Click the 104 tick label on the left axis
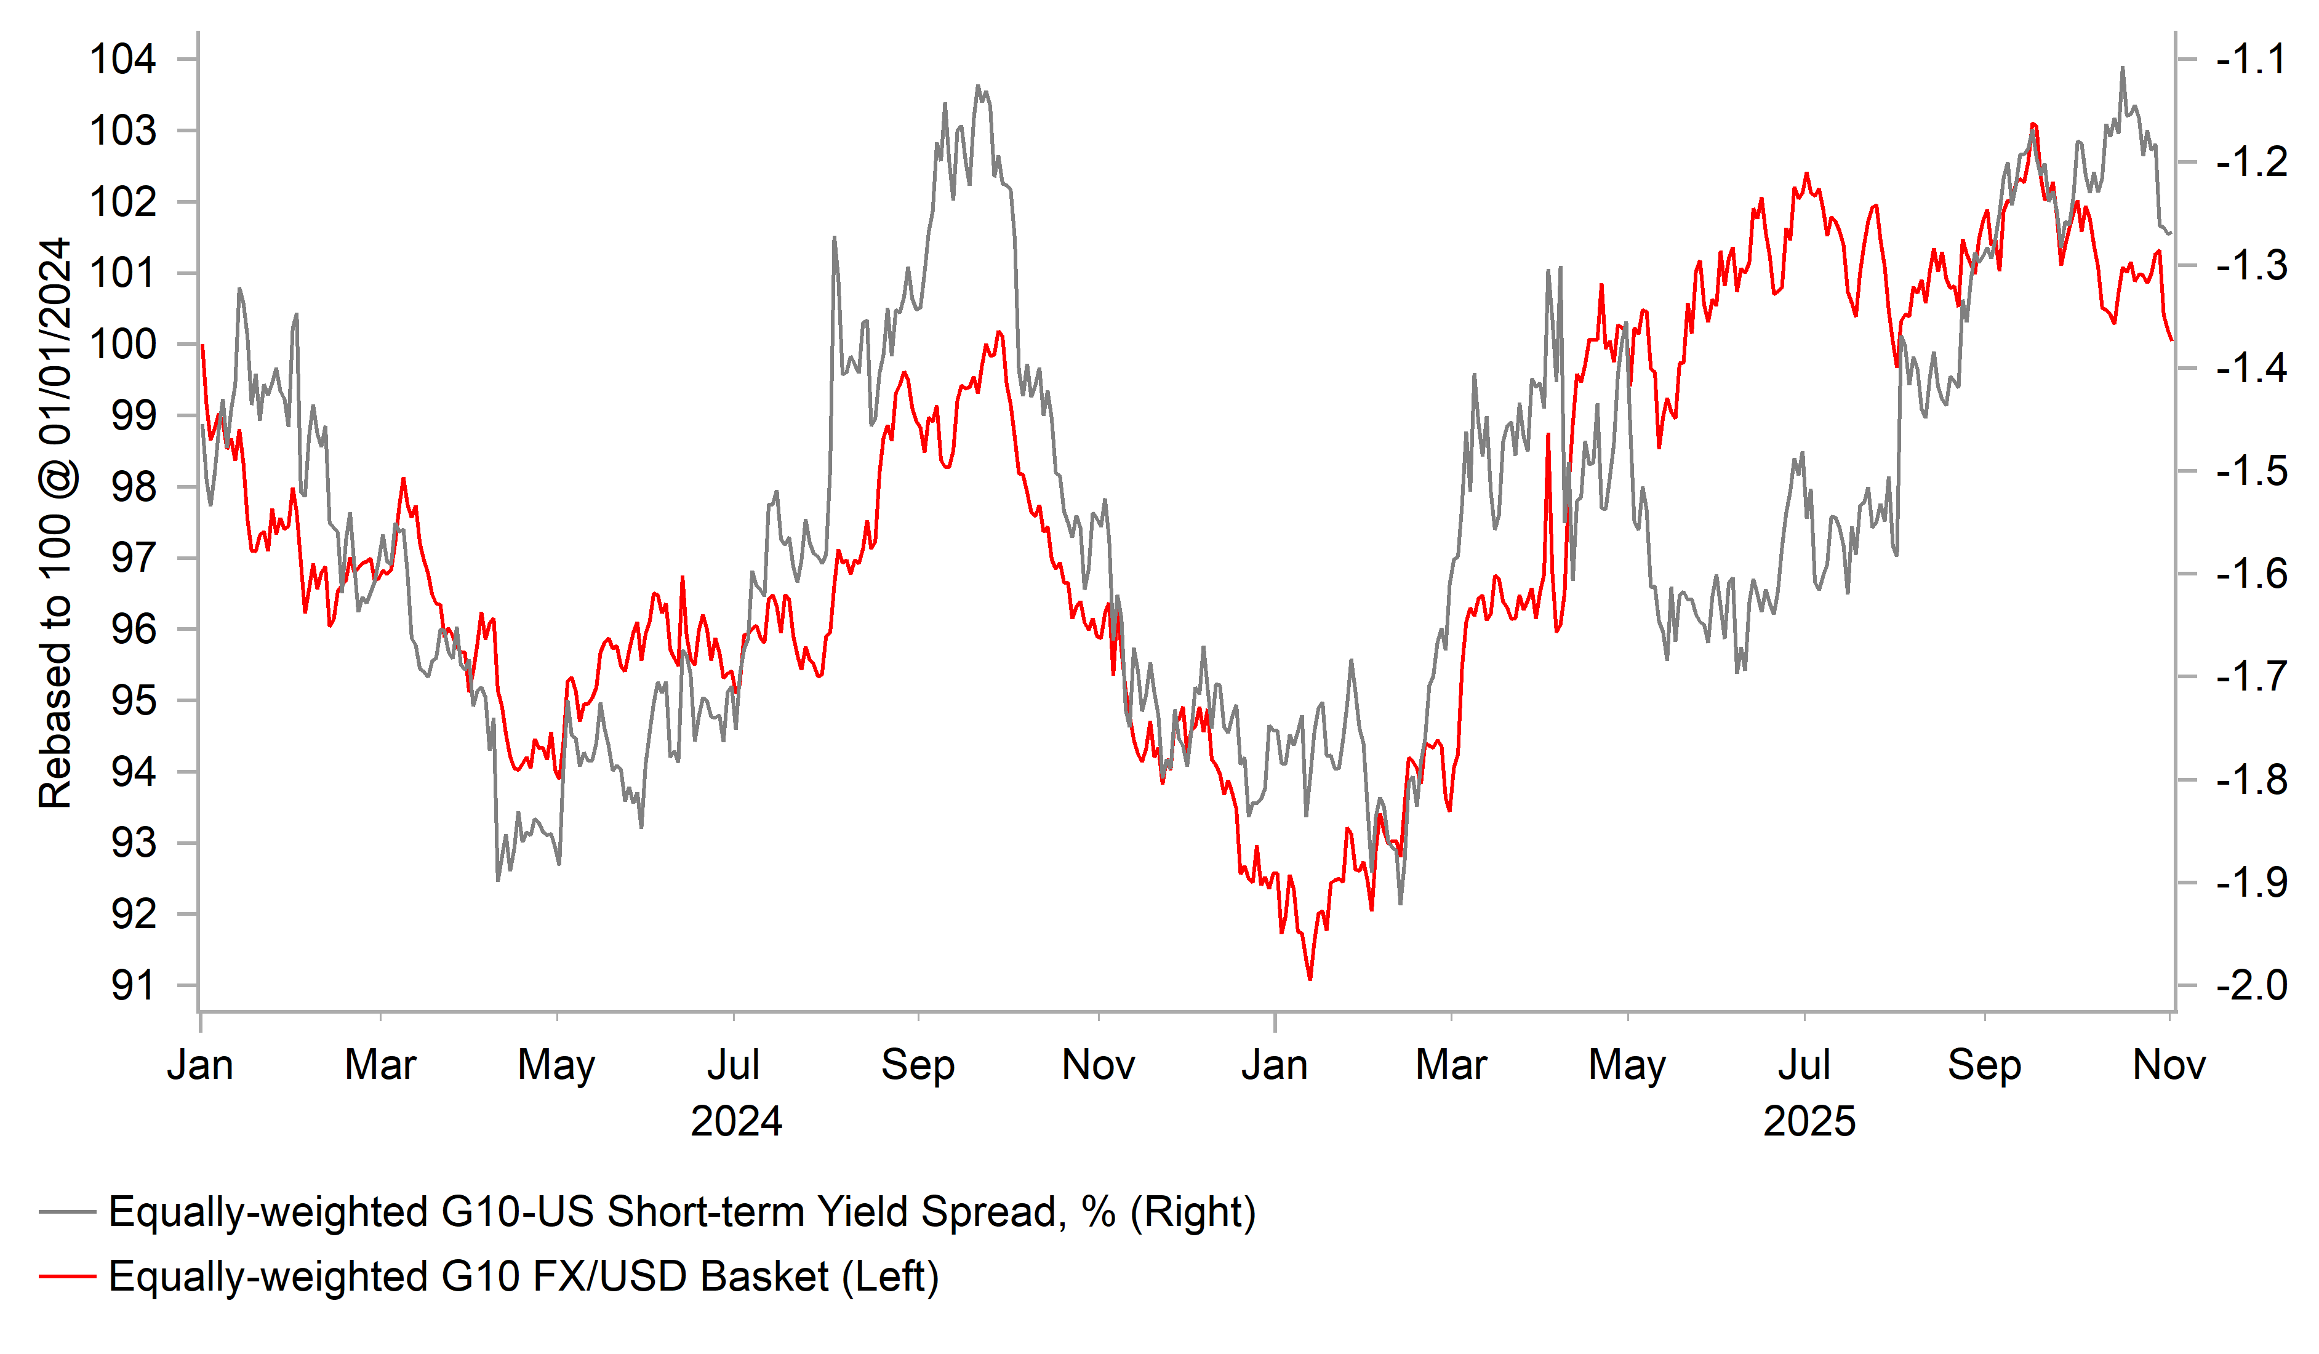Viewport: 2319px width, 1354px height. (122, 60)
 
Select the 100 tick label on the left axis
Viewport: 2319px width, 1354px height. (122, 344)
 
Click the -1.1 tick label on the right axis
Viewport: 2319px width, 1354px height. (2251, 60)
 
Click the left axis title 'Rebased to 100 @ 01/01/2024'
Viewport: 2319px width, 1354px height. (55, 523)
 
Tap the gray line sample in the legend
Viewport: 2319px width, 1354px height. (67, 1212)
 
